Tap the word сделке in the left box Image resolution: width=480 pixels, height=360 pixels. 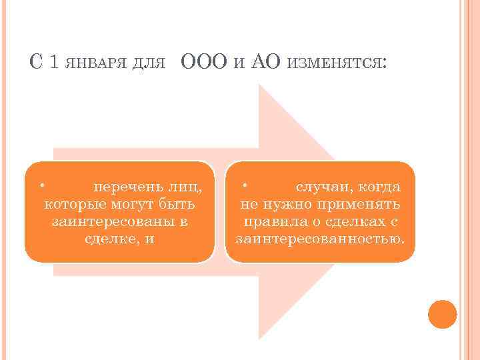[x=111, y=238]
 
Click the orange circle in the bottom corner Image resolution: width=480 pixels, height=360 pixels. [x=443, y=314]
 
